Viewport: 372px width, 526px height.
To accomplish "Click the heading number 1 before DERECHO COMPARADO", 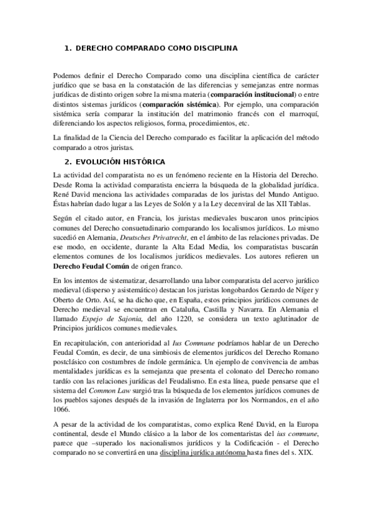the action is [x=68, y=48].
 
